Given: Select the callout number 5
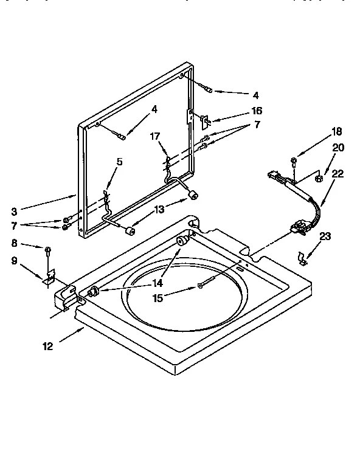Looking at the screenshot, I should click(x=120, y=162).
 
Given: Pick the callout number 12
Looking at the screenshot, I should click(x=47, y=346).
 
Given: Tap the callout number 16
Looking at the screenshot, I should click(x=257, y=111).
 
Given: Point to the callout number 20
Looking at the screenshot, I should click(x=338, y=147).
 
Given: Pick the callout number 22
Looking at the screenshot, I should click(x=338, y=173).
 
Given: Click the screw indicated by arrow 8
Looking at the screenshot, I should click(x=46, y=249).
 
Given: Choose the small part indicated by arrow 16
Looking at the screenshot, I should click(x=206, y=120).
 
